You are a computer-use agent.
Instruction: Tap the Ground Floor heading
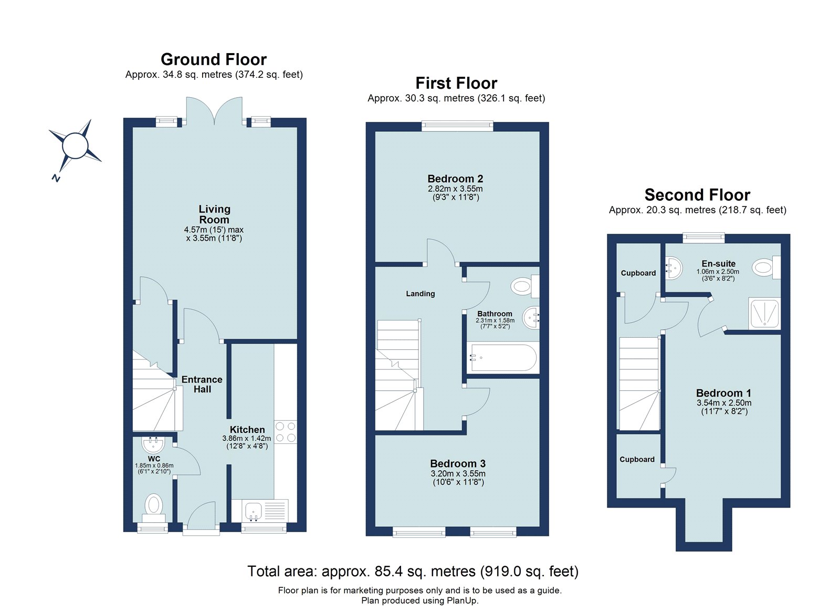(x=213, y=59)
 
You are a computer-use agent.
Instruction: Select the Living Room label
(x=214, y=214)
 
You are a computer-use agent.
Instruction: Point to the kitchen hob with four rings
(x=286, y=432)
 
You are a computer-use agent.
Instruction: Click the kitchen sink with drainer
(x=265, y=510)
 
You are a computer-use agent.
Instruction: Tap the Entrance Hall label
(x=202, y=384)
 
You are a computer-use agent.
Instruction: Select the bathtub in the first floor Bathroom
(x=503, y=358)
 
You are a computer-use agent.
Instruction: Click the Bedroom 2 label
(x=455, y=179)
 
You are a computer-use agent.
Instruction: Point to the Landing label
(x=420, y=294)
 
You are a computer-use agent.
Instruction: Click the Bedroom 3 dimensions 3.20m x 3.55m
(x=458, y=473)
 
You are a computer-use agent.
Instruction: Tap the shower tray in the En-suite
(x=764, y=314)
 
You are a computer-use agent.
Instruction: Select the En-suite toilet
(x=765, y=267)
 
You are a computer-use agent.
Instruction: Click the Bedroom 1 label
(x=723, y=393)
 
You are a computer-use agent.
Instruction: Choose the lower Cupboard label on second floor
(x=637, y=459)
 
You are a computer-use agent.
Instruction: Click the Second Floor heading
(x=697, y=195)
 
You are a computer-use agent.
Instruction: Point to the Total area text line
(x=413, y=571)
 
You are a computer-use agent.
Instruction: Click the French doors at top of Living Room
(x=214, y=112)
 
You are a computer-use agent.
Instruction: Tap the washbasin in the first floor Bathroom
(x=531, y=317)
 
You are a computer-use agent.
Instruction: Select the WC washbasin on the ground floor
(x=153, y=445)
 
